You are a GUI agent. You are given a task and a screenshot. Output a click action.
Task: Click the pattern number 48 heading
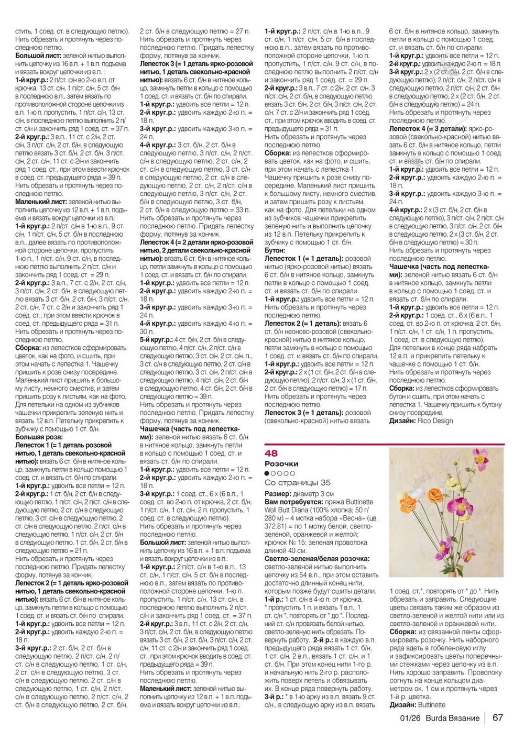tap(271, 454)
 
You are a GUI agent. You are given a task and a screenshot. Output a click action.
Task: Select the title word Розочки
tap(281, 464)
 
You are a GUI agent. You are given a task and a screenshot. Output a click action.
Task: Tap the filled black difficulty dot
tap(267, 473)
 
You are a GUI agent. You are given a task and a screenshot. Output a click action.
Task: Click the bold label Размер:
tap(278, 494)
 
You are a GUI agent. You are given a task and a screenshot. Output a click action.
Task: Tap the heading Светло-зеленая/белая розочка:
tap(316, 559)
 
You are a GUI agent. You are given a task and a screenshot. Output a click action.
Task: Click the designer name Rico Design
tap(435, 421)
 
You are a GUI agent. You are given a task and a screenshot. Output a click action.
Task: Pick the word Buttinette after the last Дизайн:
tap(432, 705)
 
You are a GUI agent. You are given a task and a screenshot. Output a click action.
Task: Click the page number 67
tap(498, 718)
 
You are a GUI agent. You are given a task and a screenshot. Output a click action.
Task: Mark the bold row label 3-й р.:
tap(274, 697)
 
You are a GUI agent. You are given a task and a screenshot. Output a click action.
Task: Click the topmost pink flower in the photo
tap(480, 459)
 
